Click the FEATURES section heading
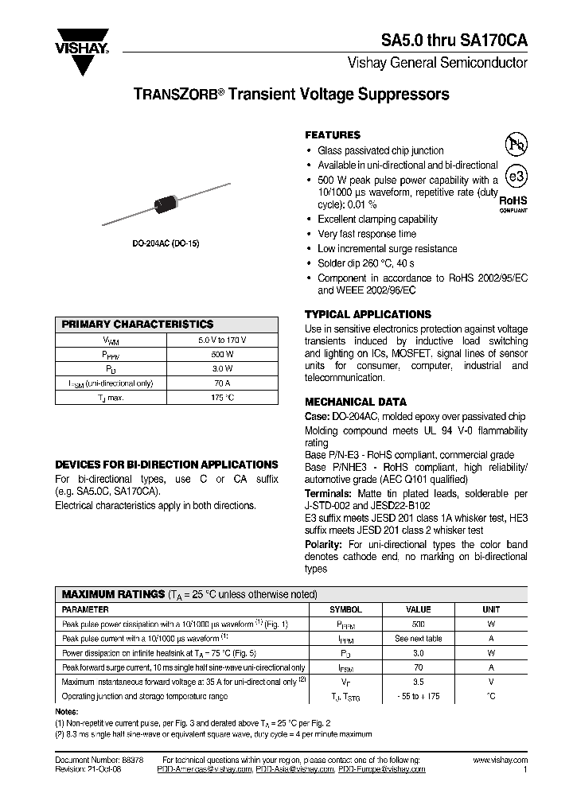point(333,135)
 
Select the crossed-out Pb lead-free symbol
point(516,144)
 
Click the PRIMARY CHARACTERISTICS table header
point(138,325)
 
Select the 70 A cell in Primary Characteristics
point(222,383)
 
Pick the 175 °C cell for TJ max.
point(222,397)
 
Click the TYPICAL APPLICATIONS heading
point(368,314)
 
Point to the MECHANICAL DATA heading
point(356,402)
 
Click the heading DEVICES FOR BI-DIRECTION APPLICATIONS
point(166,465)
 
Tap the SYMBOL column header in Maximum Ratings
point(345,609)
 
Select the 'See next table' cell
point(419,638)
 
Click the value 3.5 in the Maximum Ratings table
point(419,682)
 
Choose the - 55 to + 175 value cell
point(419,696)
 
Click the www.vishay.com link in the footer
point(499,760)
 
